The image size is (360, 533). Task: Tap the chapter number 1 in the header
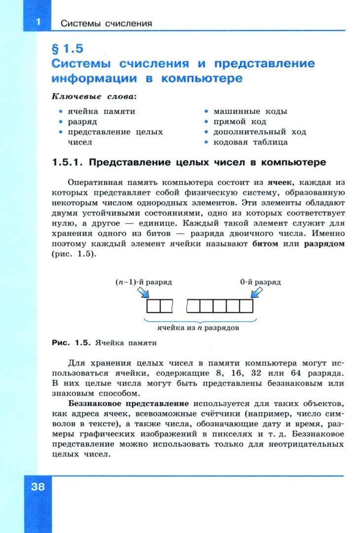click(37, 22)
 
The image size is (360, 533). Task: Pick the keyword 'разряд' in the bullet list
click(82, 121)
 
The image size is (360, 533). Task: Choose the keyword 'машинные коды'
click(250, 111)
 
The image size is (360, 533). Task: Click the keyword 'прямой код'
click(240, 121)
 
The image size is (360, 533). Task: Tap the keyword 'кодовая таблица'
click(251, 142)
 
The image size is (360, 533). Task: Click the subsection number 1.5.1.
click(68, 162)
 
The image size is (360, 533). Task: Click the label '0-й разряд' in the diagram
click(260, 282)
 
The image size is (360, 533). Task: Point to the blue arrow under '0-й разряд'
click(257, 294)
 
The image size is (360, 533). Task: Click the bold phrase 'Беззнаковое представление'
click(130, 403)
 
